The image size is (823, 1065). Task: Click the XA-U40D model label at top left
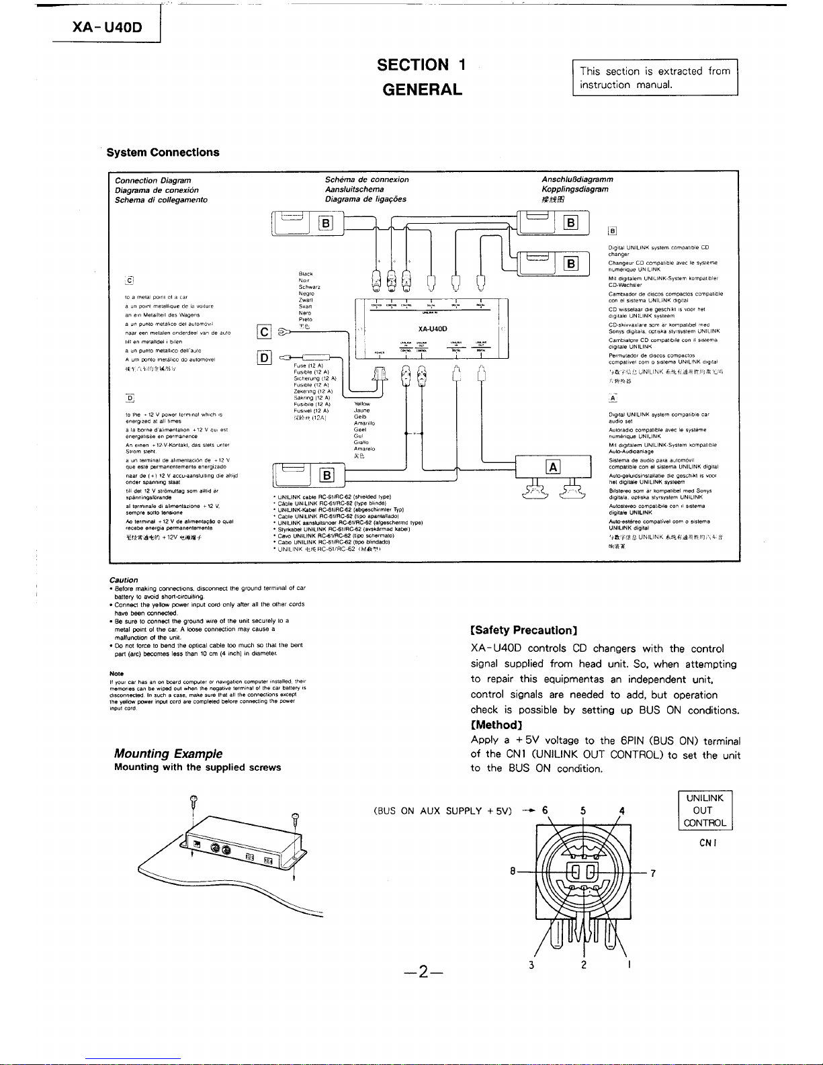coord(107,28)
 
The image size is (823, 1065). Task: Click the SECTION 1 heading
coord(421,65)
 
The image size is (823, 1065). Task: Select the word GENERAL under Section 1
coord(421,89)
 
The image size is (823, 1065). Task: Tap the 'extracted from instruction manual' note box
coord(654,78)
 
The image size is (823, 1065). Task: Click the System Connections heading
coord(158,152)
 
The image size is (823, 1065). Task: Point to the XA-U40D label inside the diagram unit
coord(433,329)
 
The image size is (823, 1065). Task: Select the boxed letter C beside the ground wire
coord(264,331)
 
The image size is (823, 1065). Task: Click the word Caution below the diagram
coord(124,580)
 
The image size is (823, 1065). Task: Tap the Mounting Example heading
coord(168,754)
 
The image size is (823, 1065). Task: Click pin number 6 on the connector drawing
coord(545,810)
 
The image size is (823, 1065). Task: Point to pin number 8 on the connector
coord(512,871)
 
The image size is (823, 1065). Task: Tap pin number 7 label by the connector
coord(652,874)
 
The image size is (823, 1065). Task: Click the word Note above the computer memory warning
coord(115,673)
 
